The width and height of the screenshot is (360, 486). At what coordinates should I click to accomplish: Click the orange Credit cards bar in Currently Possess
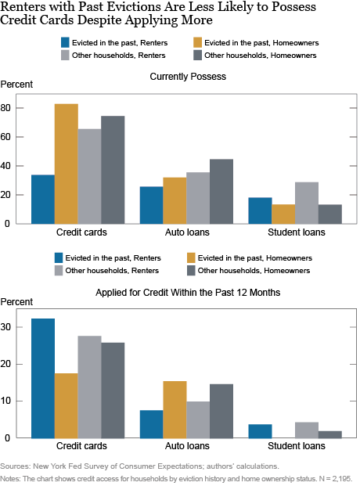click(x=67, y=164)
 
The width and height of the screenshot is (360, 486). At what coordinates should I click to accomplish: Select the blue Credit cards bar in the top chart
click(x=43, y=200)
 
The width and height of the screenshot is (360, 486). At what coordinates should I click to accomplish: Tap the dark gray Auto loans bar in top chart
click(x=221, y=192)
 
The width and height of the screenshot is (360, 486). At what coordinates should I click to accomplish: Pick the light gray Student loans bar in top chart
click(x=307, y=203)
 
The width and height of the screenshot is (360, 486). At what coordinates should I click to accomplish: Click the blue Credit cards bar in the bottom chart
click(x=43, y=378)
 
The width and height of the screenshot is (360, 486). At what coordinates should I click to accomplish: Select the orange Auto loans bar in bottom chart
click(x=175, y=409)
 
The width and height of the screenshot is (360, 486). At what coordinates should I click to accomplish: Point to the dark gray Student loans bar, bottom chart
click(x=330, y=434)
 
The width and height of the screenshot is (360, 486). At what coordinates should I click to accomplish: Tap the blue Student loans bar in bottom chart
click(x=260, y=431)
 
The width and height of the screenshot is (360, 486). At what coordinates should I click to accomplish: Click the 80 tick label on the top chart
click(x=5, y=108)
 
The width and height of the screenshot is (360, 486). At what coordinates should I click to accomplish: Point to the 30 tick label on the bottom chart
click(x=5, y=327)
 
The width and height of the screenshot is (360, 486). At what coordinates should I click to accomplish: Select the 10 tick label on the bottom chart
click(x=5, y=401)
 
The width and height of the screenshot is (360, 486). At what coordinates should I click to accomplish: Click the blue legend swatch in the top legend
click(x=65, y=42)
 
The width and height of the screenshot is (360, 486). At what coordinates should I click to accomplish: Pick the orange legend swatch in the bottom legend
click(x=191, y=258)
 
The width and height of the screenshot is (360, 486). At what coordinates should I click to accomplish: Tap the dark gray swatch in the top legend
click(x=197, y=55)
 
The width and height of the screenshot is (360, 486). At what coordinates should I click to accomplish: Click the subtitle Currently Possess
click(x=188, y=77)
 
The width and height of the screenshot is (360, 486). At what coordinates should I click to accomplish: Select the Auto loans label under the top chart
click(x=187, y=232)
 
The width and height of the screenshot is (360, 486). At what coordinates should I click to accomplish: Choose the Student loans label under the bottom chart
click(x=297, y=446)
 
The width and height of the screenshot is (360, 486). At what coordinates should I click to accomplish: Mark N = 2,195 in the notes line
click(x=335, y=478)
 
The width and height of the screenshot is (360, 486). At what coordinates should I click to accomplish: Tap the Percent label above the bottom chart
click(x=16, y=302)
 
